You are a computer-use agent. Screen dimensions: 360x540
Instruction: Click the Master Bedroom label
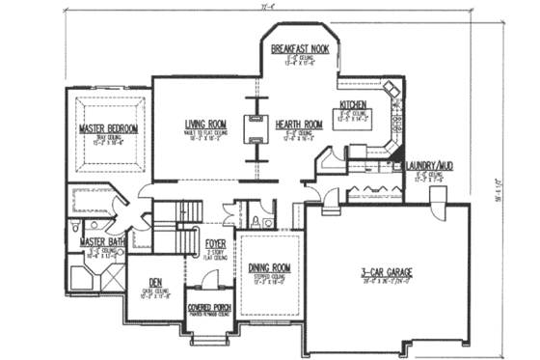point(109,128)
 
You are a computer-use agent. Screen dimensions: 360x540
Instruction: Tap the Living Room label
point(203,124)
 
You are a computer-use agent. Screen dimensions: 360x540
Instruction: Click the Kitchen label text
point(350,105)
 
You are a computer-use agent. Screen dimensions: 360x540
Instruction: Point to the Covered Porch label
point(206,311)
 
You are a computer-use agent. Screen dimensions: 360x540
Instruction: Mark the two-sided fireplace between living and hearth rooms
point(256,128)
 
